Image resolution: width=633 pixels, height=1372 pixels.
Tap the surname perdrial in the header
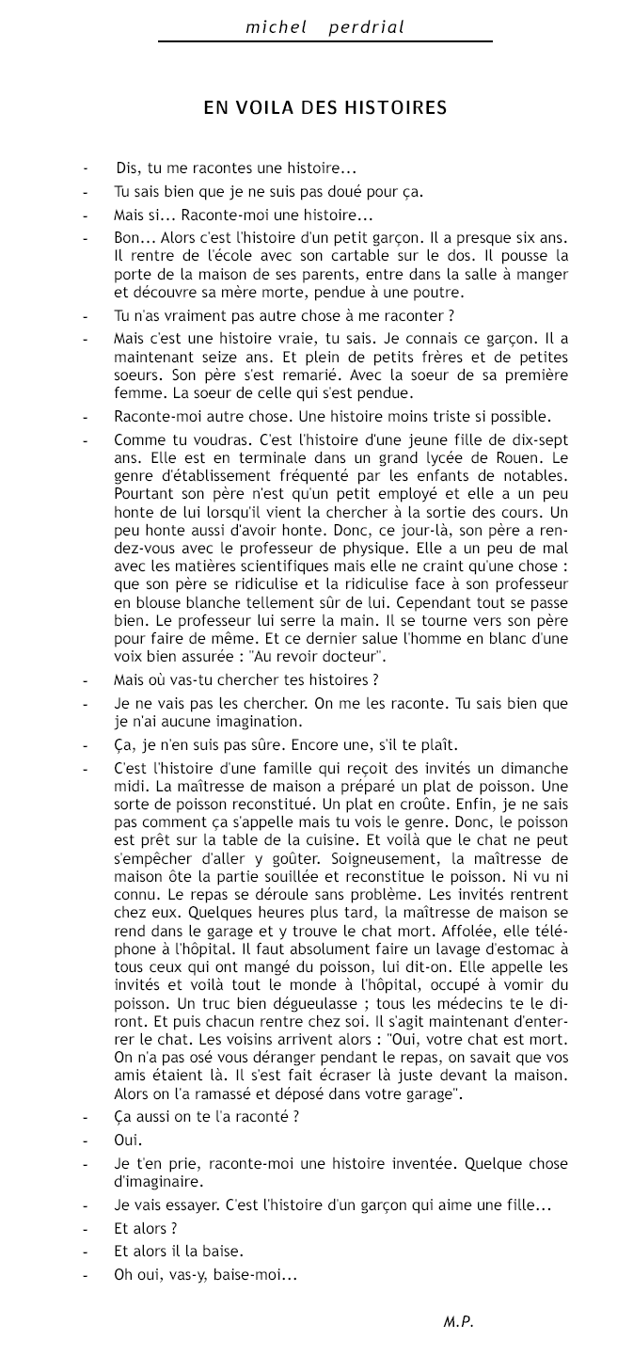[366, 27]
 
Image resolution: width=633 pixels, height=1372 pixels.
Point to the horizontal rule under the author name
[324, 41]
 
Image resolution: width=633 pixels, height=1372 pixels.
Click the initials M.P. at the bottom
[458, 1322]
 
